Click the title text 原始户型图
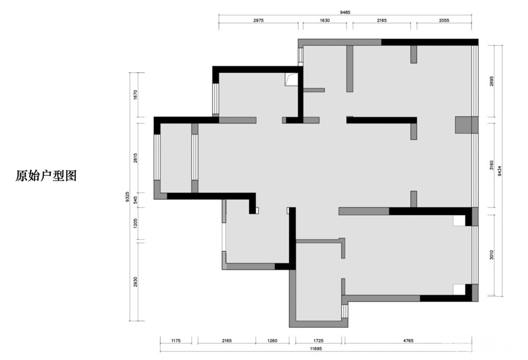tap(46, 176)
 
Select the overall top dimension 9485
tap(345, 13)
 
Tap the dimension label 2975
tap(258, 20)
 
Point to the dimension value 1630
tap(325, 20)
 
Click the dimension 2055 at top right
tap(444, 20)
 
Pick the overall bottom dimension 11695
tap(316, 349)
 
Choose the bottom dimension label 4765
tap(408, 341)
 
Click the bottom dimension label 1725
tap(318, 341)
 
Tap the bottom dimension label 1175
tap(176, 341)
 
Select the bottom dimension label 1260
tap(272, 341)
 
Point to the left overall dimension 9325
tap(127, 197)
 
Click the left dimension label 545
tap(135, 201)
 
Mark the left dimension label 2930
tap(135, 282)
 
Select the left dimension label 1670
tap(135, 94)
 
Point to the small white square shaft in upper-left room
tap(291, 80)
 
